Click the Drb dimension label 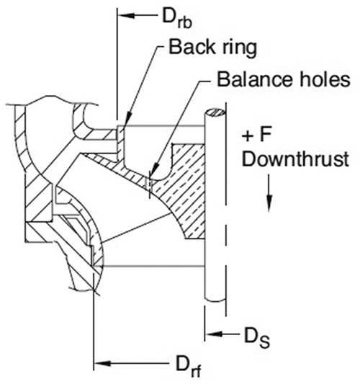point(177,18)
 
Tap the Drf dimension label point(189,365)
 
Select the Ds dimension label point(257,337)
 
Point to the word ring point(240,49)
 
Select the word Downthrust point(295,159)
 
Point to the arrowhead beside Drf point(102,363)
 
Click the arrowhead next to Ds point(213,334)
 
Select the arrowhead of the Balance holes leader point(154,171)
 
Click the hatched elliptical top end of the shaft point(215,112)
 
